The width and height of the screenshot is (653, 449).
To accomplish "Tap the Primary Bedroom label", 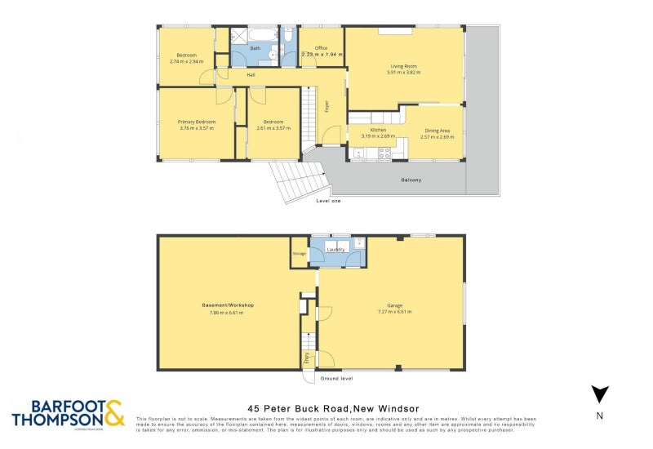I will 196,122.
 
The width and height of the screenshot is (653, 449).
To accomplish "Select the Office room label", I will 321,48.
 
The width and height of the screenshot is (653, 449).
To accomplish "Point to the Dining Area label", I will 437,131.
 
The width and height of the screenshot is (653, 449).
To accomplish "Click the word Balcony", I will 411,180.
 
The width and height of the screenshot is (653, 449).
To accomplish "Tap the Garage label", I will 389,305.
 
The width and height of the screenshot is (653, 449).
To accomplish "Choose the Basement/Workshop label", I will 227,305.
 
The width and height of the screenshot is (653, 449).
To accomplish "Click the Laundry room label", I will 335,249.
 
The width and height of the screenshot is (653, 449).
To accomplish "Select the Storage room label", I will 299,254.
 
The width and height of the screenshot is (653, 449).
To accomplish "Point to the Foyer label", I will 327,129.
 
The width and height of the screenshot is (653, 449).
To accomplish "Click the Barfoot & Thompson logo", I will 69,413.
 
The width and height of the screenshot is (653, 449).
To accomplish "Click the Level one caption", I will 328,201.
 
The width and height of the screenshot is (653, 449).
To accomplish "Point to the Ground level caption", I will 336,379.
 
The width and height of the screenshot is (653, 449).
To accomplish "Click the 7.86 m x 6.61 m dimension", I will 227,312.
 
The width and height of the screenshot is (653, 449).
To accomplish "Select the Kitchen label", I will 378,131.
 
